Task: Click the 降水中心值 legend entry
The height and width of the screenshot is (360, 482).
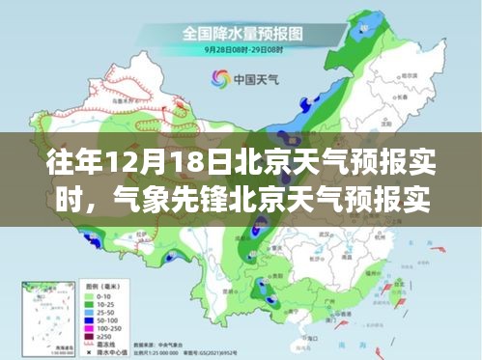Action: pyautogui.click(x=107, y=353)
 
